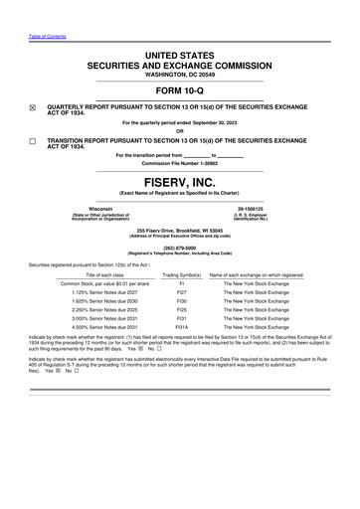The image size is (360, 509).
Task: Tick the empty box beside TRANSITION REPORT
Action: (x=31, y=143)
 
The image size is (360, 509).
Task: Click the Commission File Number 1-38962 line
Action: (x=180, y=170)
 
